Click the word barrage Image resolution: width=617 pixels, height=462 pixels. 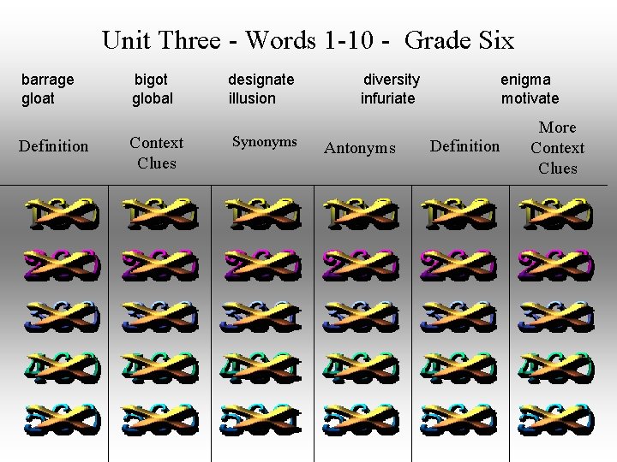48,80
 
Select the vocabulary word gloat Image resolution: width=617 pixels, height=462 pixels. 39,98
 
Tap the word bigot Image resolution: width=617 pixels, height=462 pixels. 152,80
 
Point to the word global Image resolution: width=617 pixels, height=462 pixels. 153,98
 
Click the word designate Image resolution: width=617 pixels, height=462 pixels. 261,80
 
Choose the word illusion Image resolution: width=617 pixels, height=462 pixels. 252,98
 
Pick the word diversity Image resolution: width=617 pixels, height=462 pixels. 392,80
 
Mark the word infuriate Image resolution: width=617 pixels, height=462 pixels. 387,98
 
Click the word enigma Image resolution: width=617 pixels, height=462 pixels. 526,80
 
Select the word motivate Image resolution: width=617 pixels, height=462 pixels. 530,98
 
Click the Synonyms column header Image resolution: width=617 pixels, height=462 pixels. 265,142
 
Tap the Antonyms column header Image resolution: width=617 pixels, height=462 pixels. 360,149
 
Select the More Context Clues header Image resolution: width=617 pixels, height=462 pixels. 557,148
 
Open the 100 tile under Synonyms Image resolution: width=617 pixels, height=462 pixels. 260,215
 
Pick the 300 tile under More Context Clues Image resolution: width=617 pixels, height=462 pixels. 556,317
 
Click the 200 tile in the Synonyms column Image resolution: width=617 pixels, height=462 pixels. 260,265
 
